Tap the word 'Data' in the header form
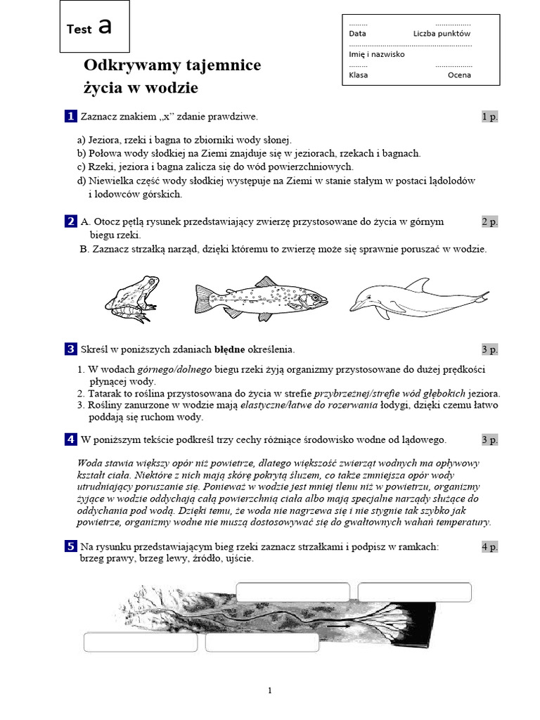click(357, 33)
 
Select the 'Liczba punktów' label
click(442, 33)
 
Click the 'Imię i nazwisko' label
click(376, 54)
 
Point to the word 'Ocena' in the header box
click(459, 75)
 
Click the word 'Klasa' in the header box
click(358, 75)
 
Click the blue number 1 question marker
click(70, 116)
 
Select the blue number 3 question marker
click(70, 349)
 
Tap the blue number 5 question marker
click(70, 546)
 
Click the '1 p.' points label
click(489, 117)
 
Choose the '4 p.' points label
click(489, 546)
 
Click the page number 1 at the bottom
click(269, 690)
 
